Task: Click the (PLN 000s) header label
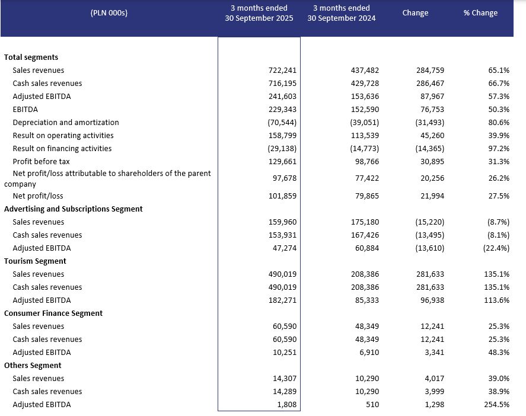(x=109, y=13)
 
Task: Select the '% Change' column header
(x=480, y=13)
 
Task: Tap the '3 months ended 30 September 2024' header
(x=341, y=13)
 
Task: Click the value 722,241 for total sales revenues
(x=282, y=71)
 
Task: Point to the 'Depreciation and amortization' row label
(x=66, y=123)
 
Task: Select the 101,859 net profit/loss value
(x=282, y=196)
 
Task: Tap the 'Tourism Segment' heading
(x=35, y=261)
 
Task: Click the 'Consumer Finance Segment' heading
(x=53, y=313)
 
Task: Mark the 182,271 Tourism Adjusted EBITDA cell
(x=282, y=300)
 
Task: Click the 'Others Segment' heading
(x=33, y=366)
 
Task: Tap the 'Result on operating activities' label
(x=62, y=136)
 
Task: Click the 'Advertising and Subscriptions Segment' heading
(x=73, y=209)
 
